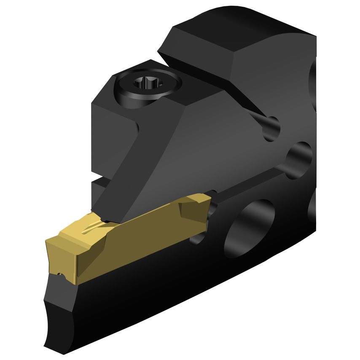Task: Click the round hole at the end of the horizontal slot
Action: (299, 159)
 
